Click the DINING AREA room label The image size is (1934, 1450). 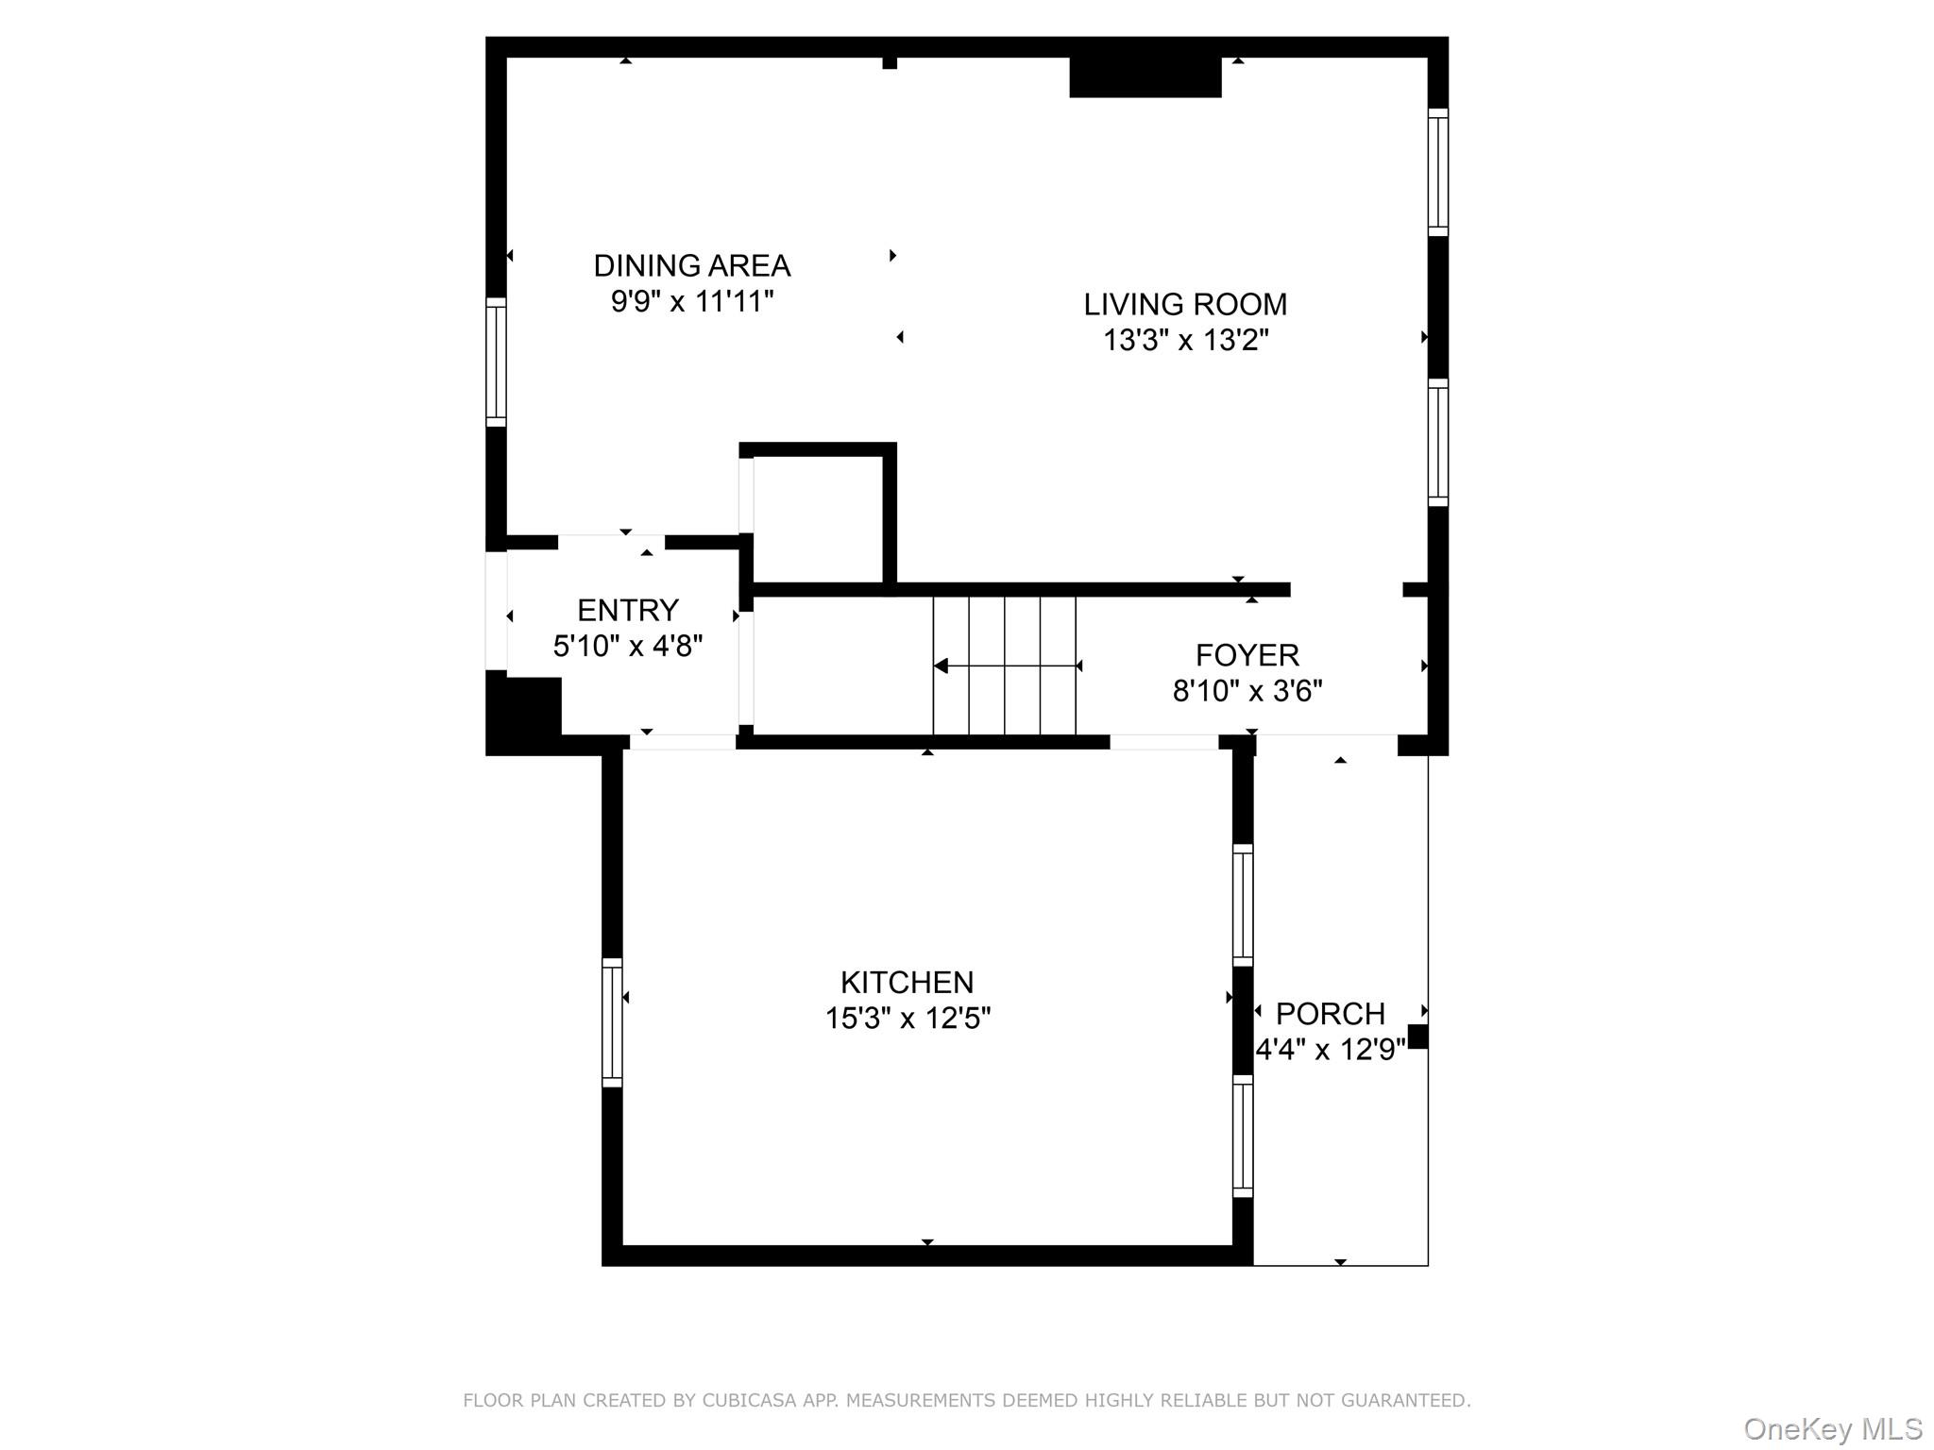[692, 265]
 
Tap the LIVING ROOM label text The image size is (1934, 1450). [1185, 304]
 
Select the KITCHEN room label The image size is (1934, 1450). [907, 983]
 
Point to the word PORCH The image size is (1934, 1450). [1330, 1014]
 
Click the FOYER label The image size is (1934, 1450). [1247, 655]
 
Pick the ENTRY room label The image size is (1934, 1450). [628, 611]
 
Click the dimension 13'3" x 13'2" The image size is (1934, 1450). [1185, 340]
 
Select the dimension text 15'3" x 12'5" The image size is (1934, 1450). [907, 1019]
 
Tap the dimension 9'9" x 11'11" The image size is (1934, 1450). [692, 301]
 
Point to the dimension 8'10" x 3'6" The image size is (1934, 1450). [1247, 691]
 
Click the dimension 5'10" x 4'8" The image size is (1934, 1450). [628, 647]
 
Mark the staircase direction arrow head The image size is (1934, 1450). [941, 666]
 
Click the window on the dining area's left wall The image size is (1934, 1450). [496, 362]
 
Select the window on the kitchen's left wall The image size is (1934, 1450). [612, 1022]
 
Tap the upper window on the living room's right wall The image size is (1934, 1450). [1437, 172]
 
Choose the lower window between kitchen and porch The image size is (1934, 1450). [1243, 1137]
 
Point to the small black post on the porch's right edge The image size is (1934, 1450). [1417, 1036]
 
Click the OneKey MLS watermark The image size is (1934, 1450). [1832, 1429]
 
